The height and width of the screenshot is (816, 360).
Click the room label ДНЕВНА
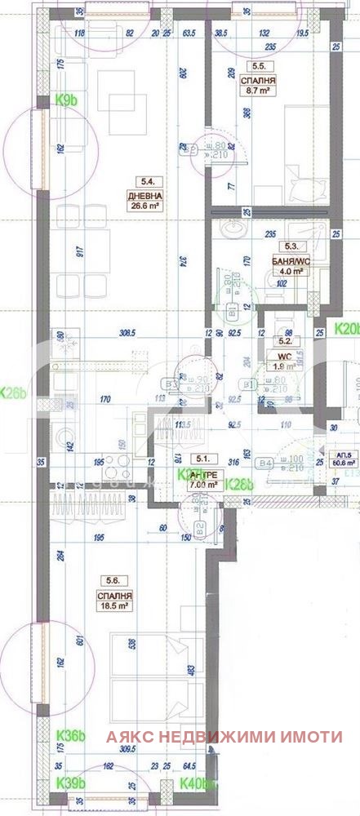(x=144, y=197)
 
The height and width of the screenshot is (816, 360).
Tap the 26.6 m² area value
(x=144, y=206)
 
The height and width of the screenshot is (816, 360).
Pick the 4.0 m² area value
(x=291, y=271)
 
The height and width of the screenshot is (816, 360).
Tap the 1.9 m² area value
(x=285, y=366)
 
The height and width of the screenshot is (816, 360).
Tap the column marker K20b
(x=348, y=330)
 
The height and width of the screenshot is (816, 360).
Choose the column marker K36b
(x=70, y=736)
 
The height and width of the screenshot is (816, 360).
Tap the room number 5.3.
(x=291, y=245)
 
